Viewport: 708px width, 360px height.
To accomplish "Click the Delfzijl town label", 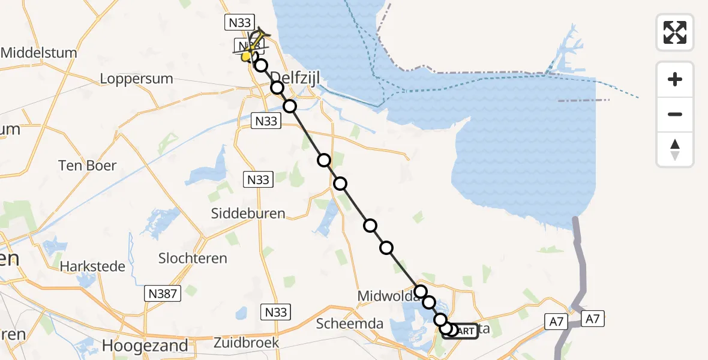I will (x=293, y=77).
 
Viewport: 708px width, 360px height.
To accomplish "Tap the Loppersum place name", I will (x=136, y=79).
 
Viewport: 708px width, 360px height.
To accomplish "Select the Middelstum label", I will (x=39, y=53).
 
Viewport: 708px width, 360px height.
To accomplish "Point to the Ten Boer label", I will (x=87, y=165).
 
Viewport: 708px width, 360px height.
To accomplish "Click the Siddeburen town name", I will (x=248, y=214).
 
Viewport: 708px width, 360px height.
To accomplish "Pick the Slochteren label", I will (x=193, y=259).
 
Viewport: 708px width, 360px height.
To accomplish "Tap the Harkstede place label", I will (x=92, y=266).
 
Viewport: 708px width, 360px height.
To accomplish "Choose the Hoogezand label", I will (x=145, y=346).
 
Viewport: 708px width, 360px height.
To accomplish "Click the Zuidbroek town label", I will (x=247, y=343).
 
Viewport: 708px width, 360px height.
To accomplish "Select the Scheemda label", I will (x=350, y=323).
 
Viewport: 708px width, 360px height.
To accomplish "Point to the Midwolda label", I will (x=382, y=296).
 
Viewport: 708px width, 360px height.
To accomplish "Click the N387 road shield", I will (x=161, y=293).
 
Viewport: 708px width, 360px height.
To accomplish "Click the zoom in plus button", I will (x=675, y=79).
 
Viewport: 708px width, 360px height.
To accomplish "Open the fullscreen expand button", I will (x=675, y=32).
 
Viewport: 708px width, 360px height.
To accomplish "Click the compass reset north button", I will (x=675, y=149).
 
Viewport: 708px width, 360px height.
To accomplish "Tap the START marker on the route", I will (x=461, y=331).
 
